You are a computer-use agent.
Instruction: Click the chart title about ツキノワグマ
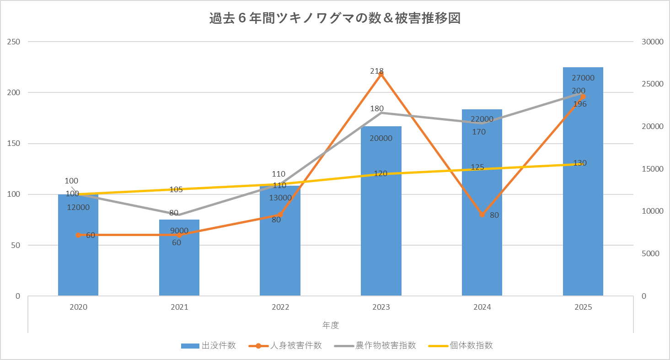(334, 19)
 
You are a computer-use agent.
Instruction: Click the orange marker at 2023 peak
(381, 74)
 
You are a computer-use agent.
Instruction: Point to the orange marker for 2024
(482, 215)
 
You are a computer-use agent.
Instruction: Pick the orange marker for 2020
(78, 235)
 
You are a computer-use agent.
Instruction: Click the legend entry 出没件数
(209, 345)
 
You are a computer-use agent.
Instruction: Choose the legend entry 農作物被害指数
(375, 345)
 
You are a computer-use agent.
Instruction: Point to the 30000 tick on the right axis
(652, 42)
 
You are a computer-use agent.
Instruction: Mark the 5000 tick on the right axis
(650, 253)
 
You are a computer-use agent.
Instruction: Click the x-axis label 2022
(280, 307)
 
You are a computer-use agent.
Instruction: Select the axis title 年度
(331, 325)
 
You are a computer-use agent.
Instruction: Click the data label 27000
(583, 78)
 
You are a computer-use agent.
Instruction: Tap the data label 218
(377, 71)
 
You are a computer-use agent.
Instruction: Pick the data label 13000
(280, 198)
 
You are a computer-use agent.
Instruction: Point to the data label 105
(176, 189)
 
